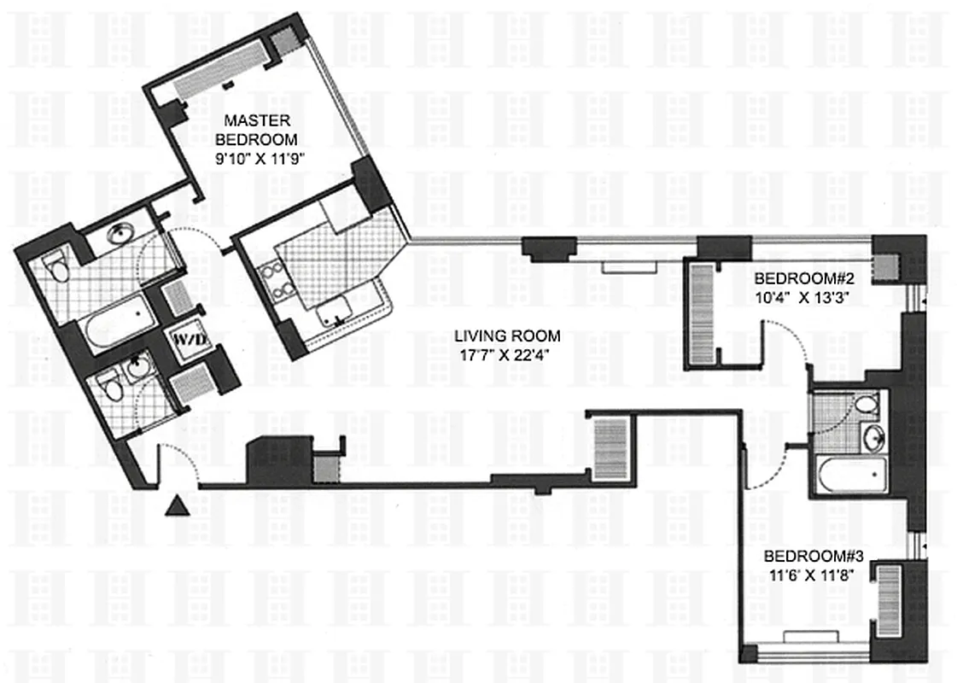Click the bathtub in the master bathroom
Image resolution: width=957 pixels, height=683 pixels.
pos(120,324)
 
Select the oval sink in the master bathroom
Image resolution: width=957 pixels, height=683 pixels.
pos(121,233)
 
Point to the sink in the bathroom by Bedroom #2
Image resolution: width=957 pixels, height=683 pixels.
pos(872,438)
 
